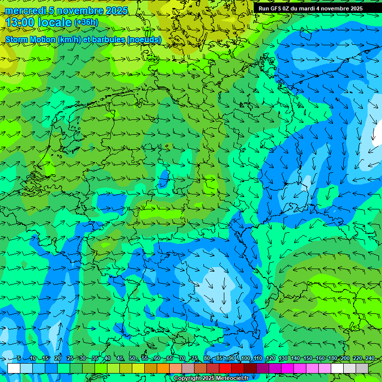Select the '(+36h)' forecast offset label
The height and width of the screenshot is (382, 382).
tap(86, 22)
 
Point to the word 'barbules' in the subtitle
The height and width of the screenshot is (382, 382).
tap(106, 40)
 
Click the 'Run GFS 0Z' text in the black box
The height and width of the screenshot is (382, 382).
tap(276, 8)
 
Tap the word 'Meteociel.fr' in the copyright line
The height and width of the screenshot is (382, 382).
tap(231, 379)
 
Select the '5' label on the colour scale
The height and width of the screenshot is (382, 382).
tap(19, 359)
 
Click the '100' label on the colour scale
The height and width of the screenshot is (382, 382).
tap(245, 359)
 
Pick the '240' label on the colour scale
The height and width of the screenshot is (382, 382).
tap(370, 359)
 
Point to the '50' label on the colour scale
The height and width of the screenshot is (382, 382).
tap(132, 359)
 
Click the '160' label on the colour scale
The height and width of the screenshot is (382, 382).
tap(320, 359)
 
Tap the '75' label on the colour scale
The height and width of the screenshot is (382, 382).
tap(194, 359)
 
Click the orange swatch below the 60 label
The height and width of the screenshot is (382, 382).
tap(163, 368)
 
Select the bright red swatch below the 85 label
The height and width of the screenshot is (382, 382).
tap(225, 368)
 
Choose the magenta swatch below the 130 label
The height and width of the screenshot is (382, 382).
tap(287, 368)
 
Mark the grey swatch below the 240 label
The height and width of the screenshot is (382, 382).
tap(362, 368)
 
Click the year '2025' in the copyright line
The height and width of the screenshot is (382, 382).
tap(209, 379)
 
